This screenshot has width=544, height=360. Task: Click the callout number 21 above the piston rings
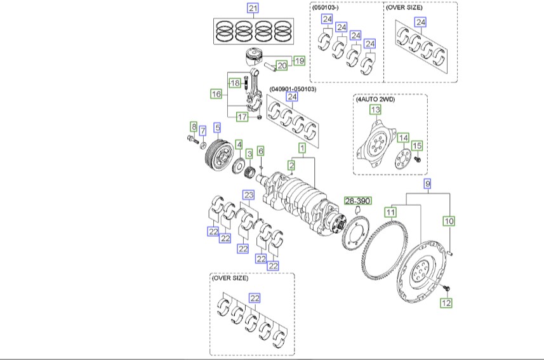[x=253, y=8]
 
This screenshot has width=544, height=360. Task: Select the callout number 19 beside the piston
[x=298, y=61]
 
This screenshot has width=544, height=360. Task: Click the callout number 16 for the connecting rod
[x=216, y=94]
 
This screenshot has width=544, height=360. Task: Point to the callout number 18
[x=235, y=83]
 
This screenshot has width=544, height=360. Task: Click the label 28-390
[x=357, y=200]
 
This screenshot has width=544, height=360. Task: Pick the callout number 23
[x=249, y=194]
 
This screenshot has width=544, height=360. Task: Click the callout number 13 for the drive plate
[x=376, y=110]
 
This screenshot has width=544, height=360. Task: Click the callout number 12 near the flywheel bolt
[x=446, y=303]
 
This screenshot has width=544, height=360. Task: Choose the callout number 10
[x=449, y=221]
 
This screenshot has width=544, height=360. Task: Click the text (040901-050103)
[x=293, y=89]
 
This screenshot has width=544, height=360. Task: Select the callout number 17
[x=242, y=117]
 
